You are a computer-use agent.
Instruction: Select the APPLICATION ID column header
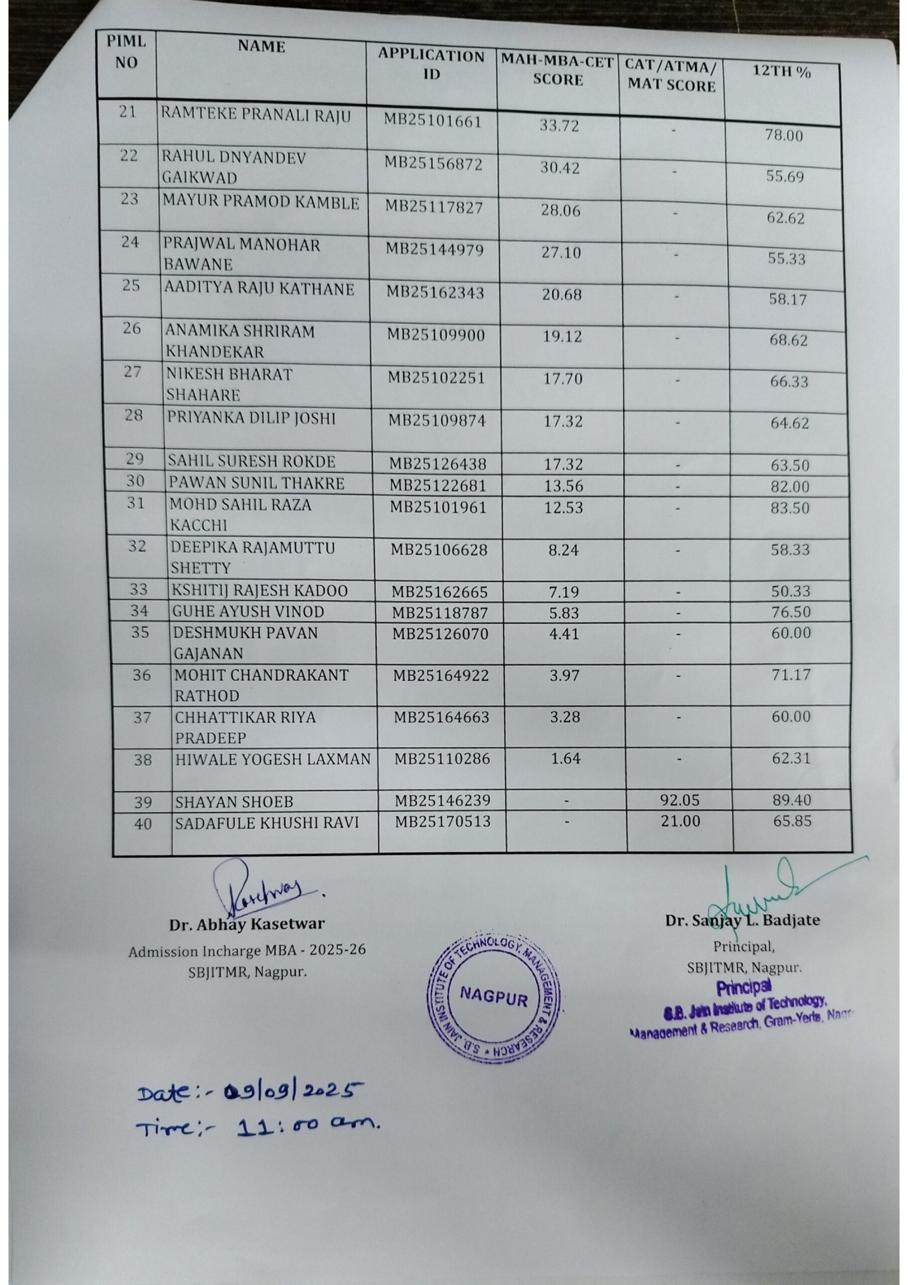click(x=431, y=65)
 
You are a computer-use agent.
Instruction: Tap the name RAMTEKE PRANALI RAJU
click(x=256, y=116)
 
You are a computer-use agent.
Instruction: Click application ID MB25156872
click(x=433, y=164)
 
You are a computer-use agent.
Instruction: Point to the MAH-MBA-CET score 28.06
click(x=560, y=210)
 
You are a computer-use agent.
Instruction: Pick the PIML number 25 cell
click(x=131, y=286)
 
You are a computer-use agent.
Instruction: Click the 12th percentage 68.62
click(x=788, y=340)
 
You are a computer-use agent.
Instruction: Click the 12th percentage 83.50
click(x=790, y=508)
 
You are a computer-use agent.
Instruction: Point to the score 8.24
click(x=563, y=550)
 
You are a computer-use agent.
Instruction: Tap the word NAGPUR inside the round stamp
click(x=493, y=998)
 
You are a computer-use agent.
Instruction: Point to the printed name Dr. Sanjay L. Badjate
click(x=742, y=921)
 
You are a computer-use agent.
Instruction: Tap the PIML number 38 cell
click(x=142, y=759)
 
